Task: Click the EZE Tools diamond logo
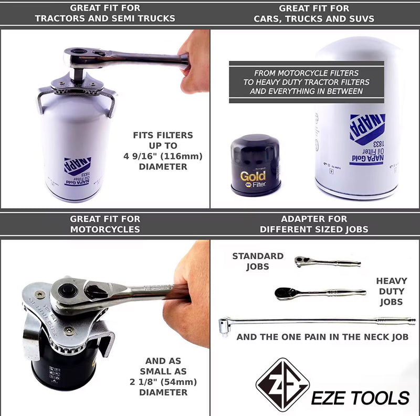tap(282, 385)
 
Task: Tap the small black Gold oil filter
tap(256, 165)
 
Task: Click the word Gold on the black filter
tap(253, 176)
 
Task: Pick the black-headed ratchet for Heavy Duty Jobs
tap(319, 292)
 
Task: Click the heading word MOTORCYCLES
tap(105, 229)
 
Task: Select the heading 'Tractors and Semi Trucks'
tap(105, 18)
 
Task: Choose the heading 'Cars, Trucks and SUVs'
tap(314, 18)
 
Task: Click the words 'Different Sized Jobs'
tap(314, 229)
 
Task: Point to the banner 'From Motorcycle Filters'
tap(307, 73)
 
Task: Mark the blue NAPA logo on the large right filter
tap(367, 129)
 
